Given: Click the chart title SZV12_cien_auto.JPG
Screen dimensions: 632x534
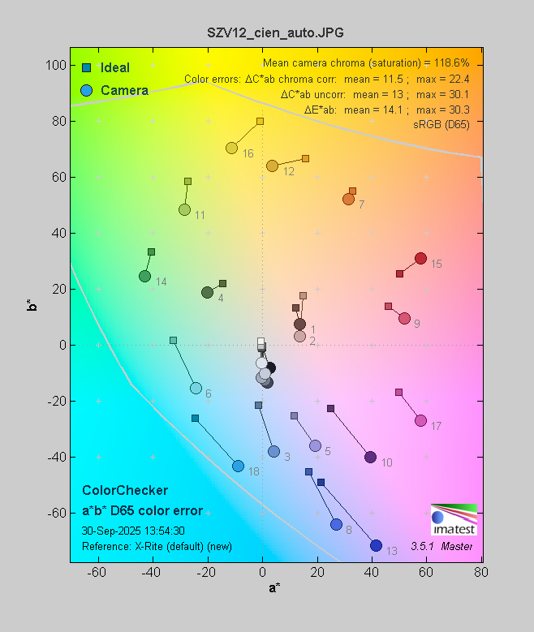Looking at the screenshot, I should [267, 32].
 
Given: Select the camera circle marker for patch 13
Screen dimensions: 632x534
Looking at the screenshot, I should [376, 545].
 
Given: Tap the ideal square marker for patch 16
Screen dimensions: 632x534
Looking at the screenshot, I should [260, 122].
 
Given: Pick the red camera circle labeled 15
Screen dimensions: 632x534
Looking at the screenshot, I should [420, 259].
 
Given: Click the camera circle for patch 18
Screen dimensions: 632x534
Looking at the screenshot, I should [238, 466].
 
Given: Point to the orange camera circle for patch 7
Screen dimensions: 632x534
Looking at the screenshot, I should [348, 199].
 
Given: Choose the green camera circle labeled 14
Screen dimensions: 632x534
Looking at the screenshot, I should [144, 277].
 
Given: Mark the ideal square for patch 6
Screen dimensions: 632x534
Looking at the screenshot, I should [173, 341].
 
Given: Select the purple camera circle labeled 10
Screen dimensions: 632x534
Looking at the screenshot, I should [370, 458].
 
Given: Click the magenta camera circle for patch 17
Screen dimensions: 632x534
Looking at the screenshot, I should [420, 420].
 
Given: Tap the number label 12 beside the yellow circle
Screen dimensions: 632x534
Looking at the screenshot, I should [288, 171].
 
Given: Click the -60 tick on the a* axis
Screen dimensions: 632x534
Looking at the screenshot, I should [97, 572].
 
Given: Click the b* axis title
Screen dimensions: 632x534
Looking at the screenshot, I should [32, 305].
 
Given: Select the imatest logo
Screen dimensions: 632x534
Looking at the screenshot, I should [454, 519].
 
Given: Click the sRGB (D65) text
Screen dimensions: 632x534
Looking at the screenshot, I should [442, 123].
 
